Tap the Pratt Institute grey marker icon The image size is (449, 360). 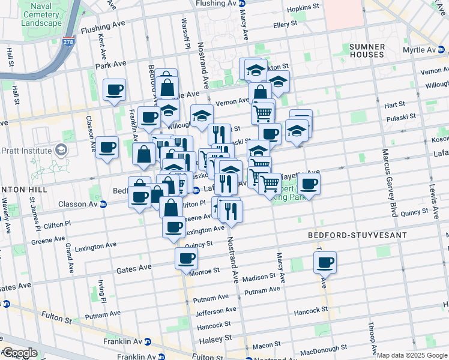pos(61,149)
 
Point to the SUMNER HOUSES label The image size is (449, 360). pos(367,50)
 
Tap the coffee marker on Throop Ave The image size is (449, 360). pos(325,262)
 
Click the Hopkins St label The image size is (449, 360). pos(303,7)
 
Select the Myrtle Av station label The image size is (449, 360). pos(421,50)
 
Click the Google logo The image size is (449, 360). pos(20,353)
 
